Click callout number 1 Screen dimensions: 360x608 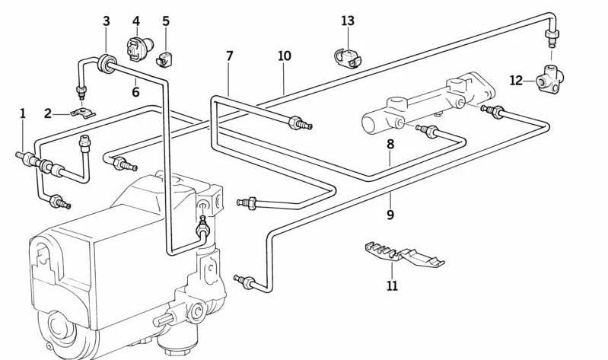(x=23, y=113)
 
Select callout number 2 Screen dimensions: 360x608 (x=48, y=113)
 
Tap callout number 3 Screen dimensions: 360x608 (x=107, y=21)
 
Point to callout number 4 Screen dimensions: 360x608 (x=136, y=21)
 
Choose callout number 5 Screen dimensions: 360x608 (x=166, y=21)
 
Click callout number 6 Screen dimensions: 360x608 (x=135, y=92)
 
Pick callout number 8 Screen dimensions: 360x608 (x=390, y=143)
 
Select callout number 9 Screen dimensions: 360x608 (x=390, y=215)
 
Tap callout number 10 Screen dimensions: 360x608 (x=284, y=56)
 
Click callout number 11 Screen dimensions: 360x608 (x=392, y=286)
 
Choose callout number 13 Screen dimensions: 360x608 (x=348, y=21)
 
